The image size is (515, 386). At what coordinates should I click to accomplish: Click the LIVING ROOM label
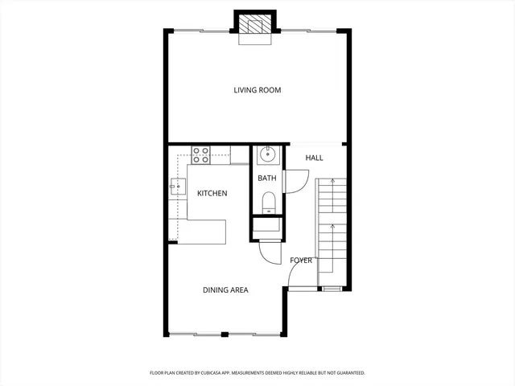coord(257,90)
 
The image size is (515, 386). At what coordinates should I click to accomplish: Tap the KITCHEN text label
coord(212,193)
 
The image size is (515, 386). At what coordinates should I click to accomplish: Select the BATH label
coord(266,178)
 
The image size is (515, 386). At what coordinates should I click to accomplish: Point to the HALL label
coord(314,158)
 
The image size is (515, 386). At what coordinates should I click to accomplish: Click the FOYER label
coord(301,260)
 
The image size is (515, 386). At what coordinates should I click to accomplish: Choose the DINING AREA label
coord(225,289)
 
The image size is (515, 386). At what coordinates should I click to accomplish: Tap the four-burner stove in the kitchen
coord(200,154)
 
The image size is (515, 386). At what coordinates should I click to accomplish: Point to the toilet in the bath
coord(268,201)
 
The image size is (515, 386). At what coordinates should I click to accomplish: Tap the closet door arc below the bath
coord(268,253)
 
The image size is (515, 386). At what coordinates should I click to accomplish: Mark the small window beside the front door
coord(330,288)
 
